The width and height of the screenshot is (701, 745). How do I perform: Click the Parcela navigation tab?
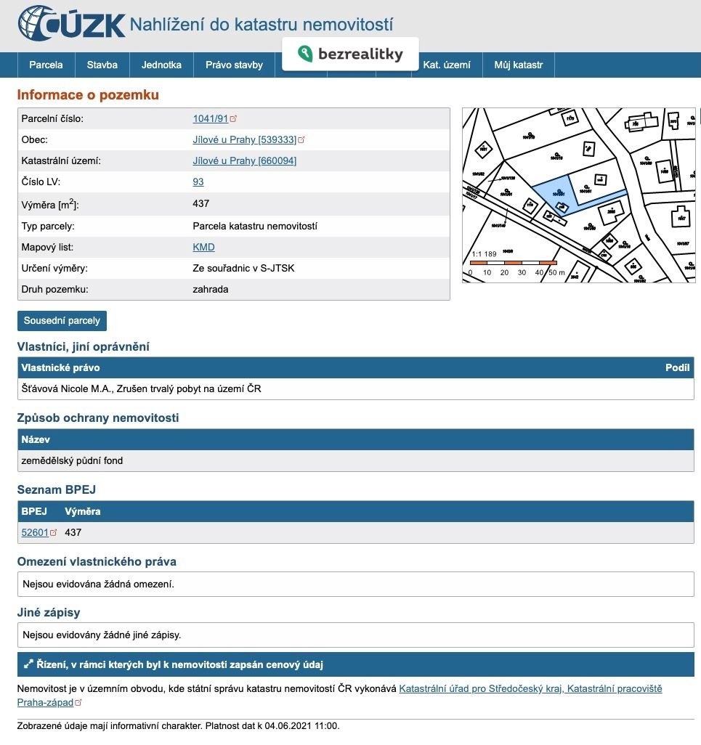point(46,65)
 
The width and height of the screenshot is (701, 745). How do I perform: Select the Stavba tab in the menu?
point(102,65)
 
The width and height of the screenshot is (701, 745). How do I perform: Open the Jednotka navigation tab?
point(161,65)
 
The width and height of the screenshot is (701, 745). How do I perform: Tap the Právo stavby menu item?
point(234,65)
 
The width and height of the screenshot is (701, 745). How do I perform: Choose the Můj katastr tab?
point(519,65)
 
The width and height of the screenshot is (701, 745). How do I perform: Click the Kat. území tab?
point(447,65)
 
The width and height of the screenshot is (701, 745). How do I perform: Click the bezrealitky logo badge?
point(350,54)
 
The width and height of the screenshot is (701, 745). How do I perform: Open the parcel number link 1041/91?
point(211,118)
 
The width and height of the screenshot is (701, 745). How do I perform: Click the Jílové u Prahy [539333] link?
point(244,140)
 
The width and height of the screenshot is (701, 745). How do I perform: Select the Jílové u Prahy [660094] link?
point(244,161)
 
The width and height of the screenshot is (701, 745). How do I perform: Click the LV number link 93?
point(198,182)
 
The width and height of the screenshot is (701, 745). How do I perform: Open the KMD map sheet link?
point(203,247)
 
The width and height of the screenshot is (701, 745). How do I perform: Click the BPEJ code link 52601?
point(35,532)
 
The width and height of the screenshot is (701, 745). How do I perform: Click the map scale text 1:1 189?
point(485,254)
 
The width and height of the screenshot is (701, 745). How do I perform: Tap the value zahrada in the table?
point(211,289)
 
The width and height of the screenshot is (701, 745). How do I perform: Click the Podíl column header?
point(677,367)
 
